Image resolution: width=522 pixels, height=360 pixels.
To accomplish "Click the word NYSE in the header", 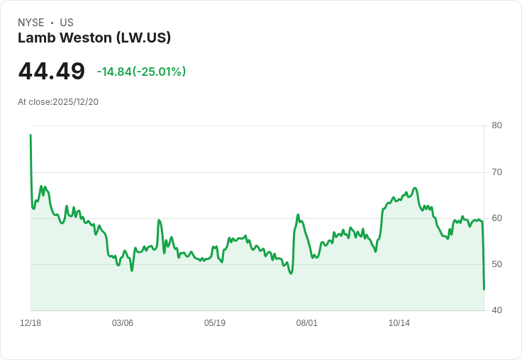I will (x=31, y=23).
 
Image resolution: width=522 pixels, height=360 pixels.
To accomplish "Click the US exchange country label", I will (x=67, y=23).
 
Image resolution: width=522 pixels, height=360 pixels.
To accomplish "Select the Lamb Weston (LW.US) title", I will (x=94, y=38).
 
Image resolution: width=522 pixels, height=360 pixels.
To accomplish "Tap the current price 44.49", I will (x=51, y=72).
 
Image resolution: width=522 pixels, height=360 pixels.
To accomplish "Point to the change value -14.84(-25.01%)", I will (x=141, y=72).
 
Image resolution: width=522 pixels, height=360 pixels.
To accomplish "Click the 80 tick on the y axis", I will (x=496, y=125).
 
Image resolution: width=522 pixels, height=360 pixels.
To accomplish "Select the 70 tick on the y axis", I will (x=496, y=172).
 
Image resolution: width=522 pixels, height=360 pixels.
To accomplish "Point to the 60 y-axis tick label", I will (x=496, y=218).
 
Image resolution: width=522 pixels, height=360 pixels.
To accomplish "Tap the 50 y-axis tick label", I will (x=496, y=264).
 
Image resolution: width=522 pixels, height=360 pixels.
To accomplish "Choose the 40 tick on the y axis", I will (x=496, y=310).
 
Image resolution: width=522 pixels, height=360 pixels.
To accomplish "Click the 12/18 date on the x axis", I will (x=30, y=323).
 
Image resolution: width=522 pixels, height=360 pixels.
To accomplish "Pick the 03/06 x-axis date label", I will (x=123, y=323).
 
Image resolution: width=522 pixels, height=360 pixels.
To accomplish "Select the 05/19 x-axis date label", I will (x=215, y=323).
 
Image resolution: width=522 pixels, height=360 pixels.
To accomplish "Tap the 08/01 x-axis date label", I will (x=307, y=323).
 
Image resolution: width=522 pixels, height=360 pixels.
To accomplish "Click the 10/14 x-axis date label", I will (x=399, y=323).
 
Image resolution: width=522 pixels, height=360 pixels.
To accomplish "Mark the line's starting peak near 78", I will (x=30, y=135).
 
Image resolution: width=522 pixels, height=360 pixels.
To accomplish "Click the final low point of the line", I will (x=484, y=289).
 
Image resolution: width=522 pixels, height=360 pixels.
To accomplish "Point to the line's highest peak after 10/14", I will (x=415, y=188).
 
